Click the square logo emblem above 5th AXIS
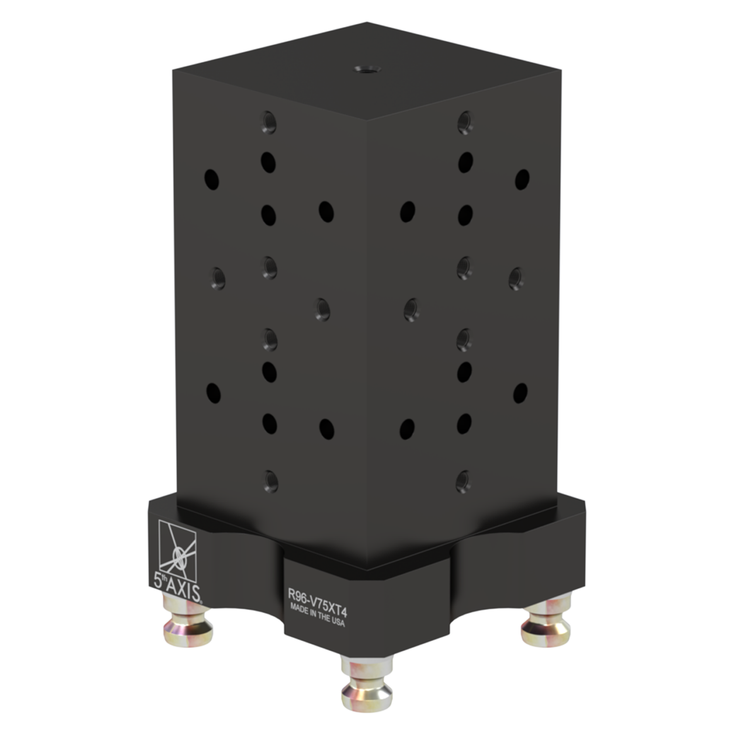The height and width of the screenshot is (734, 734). click(x=177, y=546)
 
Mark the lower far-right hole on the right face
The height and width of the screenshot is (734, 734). click(x=520, y=392)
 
